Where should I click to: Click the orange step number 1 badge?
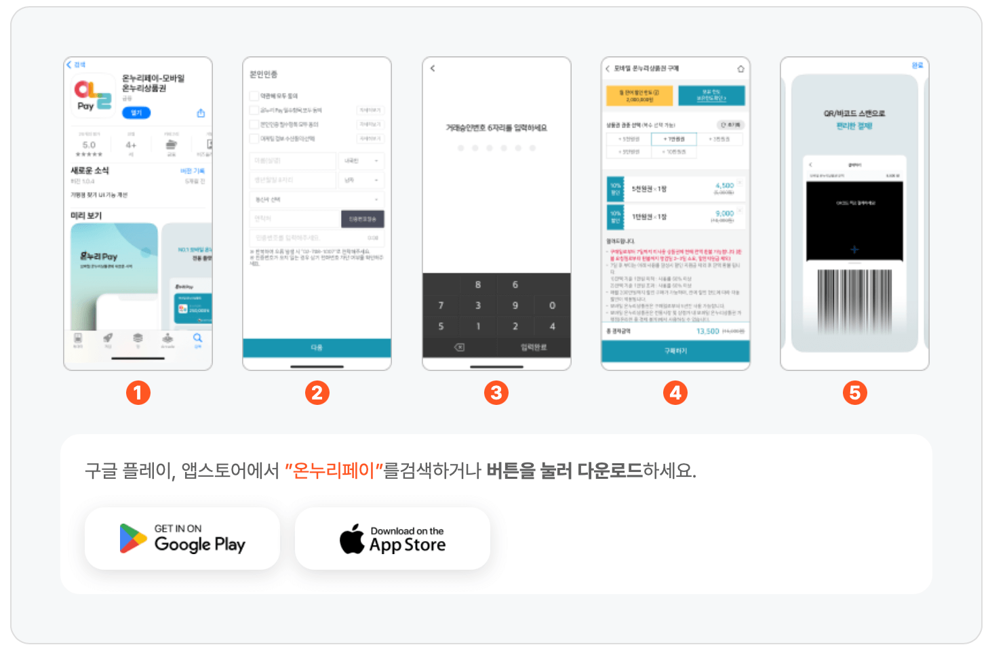tap(138, 393)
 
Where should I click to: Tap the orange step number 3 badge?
tap(496, 393)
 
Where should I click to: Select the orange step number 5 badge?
tap(854, 393)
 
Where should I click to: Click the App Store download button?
tap(393, 539)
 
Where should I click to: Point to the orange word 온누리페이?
tap(334, 471)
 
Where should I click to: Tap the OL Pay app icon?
tap(93, 96)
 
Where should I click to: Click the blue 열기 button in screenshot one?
tap(136, 113)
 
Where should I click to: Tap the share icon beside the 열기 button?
tap(201, 113)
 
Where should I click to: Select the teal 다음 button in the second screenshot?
tap(317, 347)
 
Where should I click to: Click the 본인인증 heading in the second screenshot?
tap(264, 75)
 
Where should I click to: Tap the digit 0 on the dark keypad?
tap(552, 305)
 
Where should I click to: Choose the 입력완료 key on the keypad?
tap(534, 347)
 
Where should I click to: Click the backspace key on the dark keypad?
tap(459, 347)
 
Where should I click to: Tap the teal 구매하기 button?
tap(675, 351)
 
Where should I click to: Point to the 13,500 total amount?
tap(708, 331)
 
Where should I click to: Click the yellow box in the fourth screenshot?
tap(639, 96)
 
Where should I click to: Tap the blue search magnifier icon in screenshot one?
tap(197, 338)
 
